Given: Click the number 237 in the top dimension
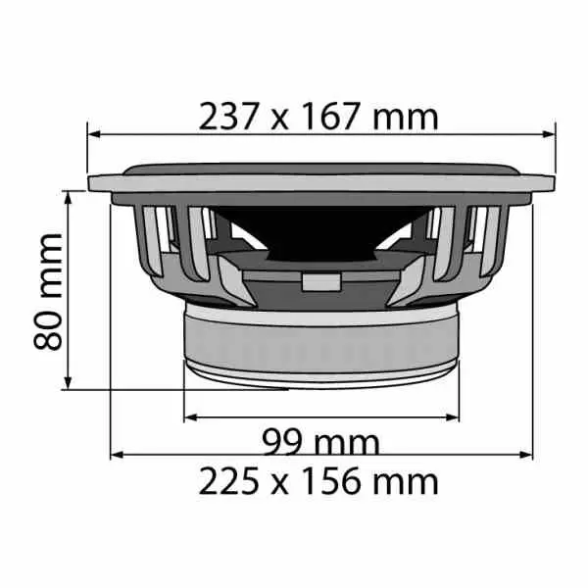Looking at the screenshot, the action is pos(228,117).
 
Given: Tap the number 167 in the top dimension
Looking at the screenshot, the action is pos(331,117).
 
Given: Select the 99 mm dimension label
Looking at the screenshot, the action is pos(321,443).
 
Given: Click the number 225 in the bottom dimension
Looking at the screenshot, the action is pos(228,481).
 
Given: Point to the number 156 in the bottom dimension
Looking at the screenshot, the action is pos(331,481).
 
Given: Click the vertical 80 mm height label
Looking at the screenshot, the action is pos(48,292).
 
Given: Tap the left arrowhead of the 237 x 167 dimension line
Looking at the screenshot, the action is pos(94,134).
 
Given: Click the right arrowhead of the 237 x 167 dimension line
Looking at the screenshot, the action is pos(549,134).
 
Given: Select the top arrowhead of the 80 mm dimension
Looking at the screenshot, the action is pos(68,198).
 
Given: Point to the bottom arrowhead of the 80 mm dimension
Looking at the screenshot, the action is pos(68,383).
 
